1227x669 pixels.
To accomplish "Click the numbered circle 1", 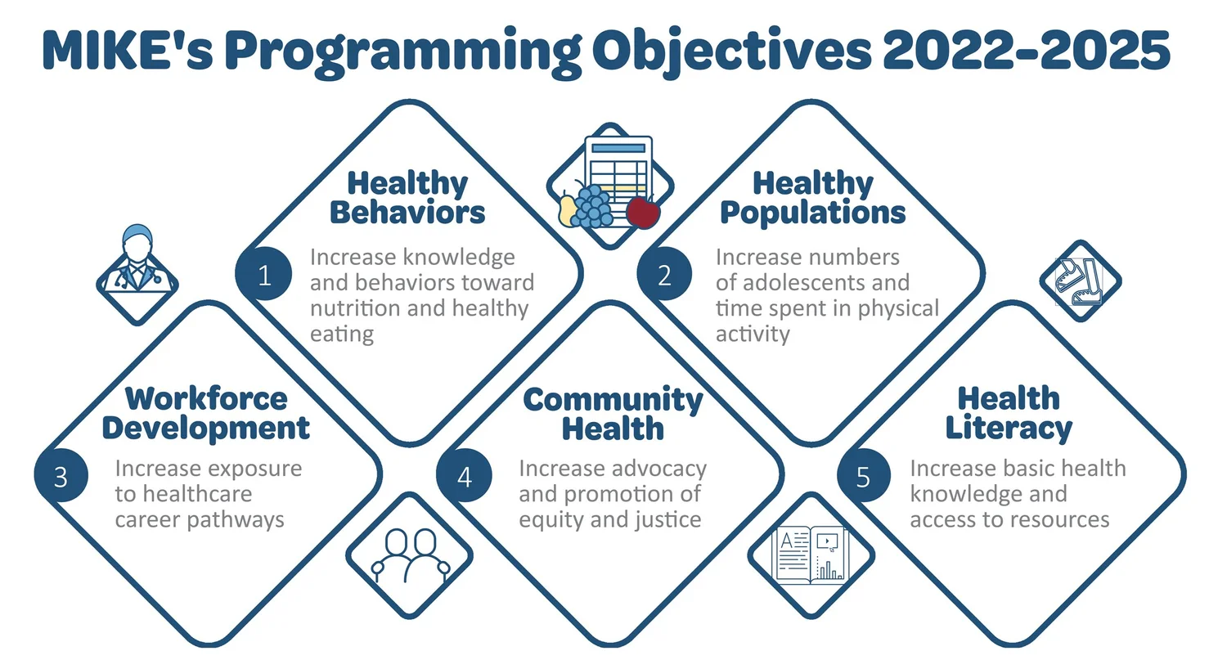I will click(263, 275).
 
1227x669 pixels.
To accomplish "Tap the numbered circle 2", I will click(664, 275).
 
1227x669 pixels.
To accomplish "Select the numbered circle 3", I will click(61, 476).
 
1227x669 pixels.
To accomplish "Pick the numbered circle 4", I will click(464, 476).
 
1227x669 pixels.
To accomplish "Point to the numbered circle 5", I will click(863, 476).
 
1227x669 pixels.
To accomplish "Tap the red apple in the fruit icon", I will click(643, 212).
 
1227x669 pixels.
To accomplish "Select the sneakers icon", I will click(1080, 281).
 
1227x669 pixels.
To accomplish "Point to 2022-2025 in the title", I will click(1027, 51).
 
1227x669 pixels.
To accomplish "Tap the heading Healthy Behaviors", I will click(407, 197).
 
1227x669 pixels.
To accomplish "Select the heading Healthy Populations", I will click(812, 197).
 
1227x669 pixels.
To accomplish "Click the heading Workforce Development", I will click(205, 413).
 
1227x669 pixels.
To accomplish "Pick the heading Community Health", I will click(613, 414).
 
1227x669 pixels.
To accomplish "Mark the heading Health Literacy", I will click(1009, 413).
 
